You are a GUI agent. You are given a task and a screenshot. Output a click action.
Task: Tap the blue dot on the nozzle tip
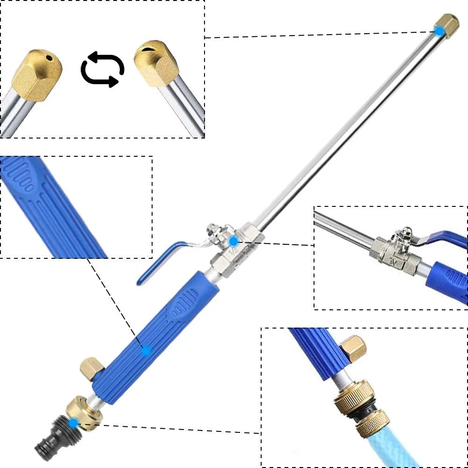pos(439,31)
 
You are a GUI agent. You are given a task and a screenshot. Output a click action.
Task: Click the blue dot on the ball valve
pos(234,241)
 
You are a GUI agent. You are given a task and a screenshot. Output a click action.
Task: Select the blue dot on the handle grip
pos(146,350)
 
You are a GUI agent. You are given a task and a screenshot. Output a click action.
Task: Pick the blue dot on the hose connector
pos(73,423)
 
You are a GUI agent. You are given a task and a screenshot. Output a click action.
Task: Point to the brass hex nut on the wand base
pos(84,412)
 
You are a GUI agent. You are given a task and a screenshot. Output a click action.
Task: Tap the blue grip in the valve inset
pos(447,281)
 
